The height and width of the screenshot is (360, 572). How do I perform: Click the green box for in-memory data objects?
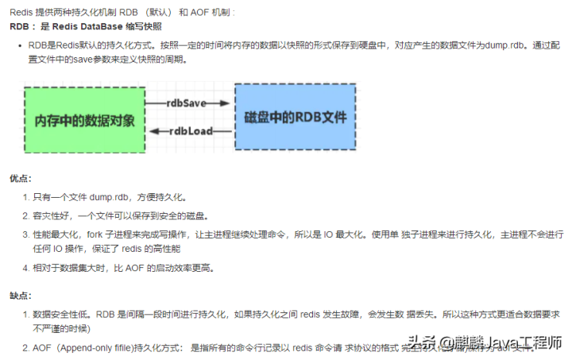(x=85, y=118)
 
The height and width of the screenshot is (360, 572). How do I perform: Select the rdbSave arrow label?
(x=187, y=103)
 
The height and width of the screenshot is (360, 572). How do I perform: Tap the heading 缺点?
(x=21, y=295)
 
